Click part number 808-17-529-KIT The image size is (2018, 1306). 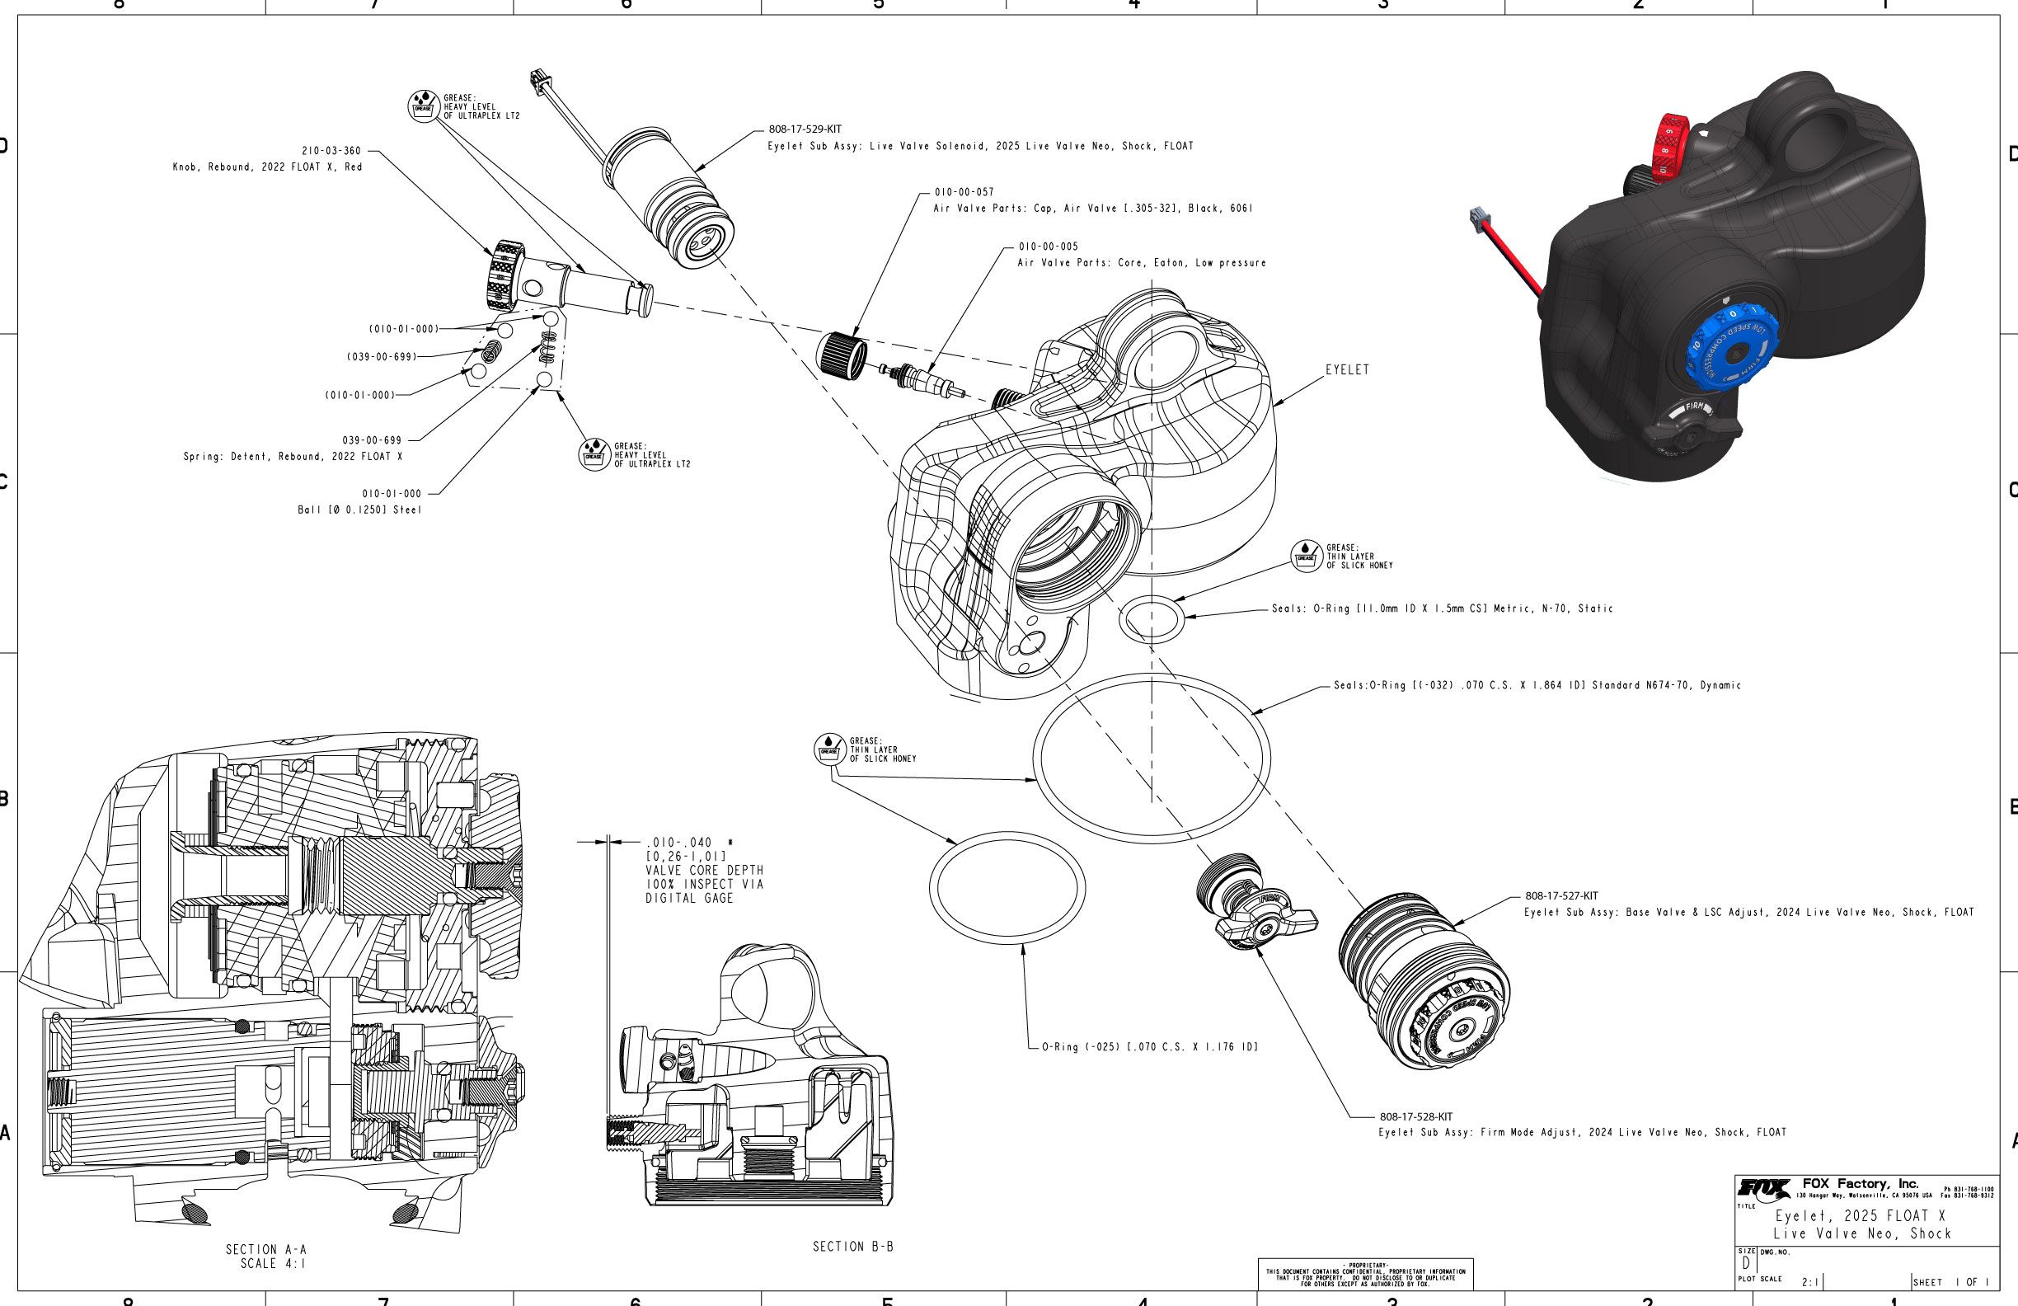coord(805,129)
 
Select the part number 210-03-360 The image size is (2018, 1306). coord(331,151)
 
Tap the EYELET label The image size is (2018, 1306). coord(1347,369)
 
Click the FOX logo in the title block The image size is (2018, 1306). coord(1763,1189)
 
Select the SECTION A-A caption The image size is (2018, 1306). coord(266,1249)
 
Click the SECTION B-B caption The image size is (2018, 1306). coord(853,1247)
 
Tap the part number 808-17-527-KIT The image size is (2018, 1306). coord(1561,895)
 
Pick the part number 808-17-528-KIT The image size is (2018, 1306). coord(1416,1117)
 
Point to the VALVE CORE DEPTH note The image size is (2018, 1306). coord(704,871)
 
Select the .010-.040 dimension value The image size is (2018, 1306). coord(679,842)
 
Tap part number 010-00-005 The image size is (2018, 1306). coord(1048,247)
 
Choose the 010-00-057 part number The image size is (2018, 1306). coord(964,192)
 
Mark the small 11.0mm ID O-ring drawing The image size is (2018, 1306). coord(1152,619)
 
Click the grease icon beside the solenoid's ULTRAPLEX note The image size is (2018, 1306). coord(422,106)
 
